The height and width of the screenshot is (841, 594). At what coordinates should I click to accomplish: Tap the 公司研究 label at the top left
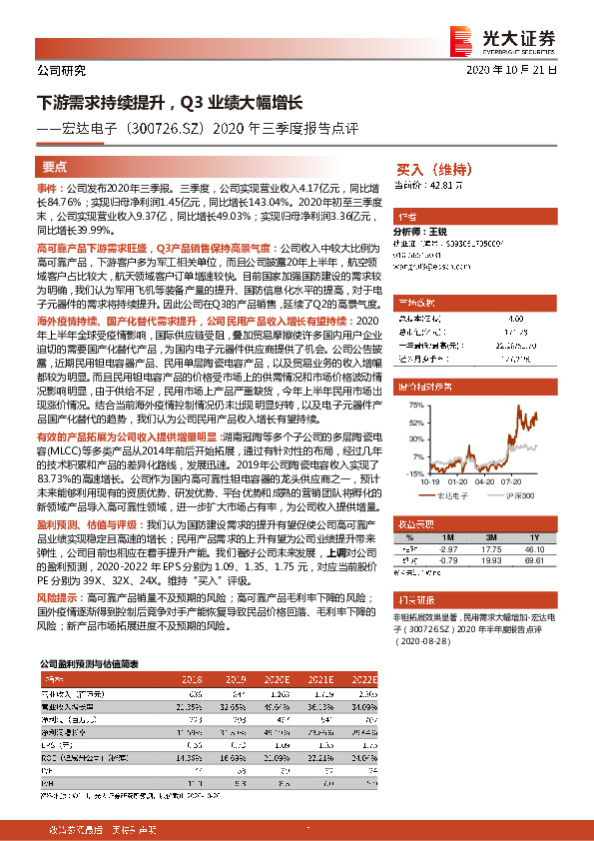[61, 71]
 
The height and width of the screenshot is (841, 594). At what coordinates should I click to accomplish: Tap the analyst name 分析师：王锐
[423, 231]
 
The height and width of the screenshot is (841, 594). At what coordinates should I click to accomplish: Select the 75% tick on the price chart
[407, 401]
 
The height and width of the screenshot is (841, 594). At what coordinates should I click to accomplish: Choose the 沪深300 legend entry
[518, 493]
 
